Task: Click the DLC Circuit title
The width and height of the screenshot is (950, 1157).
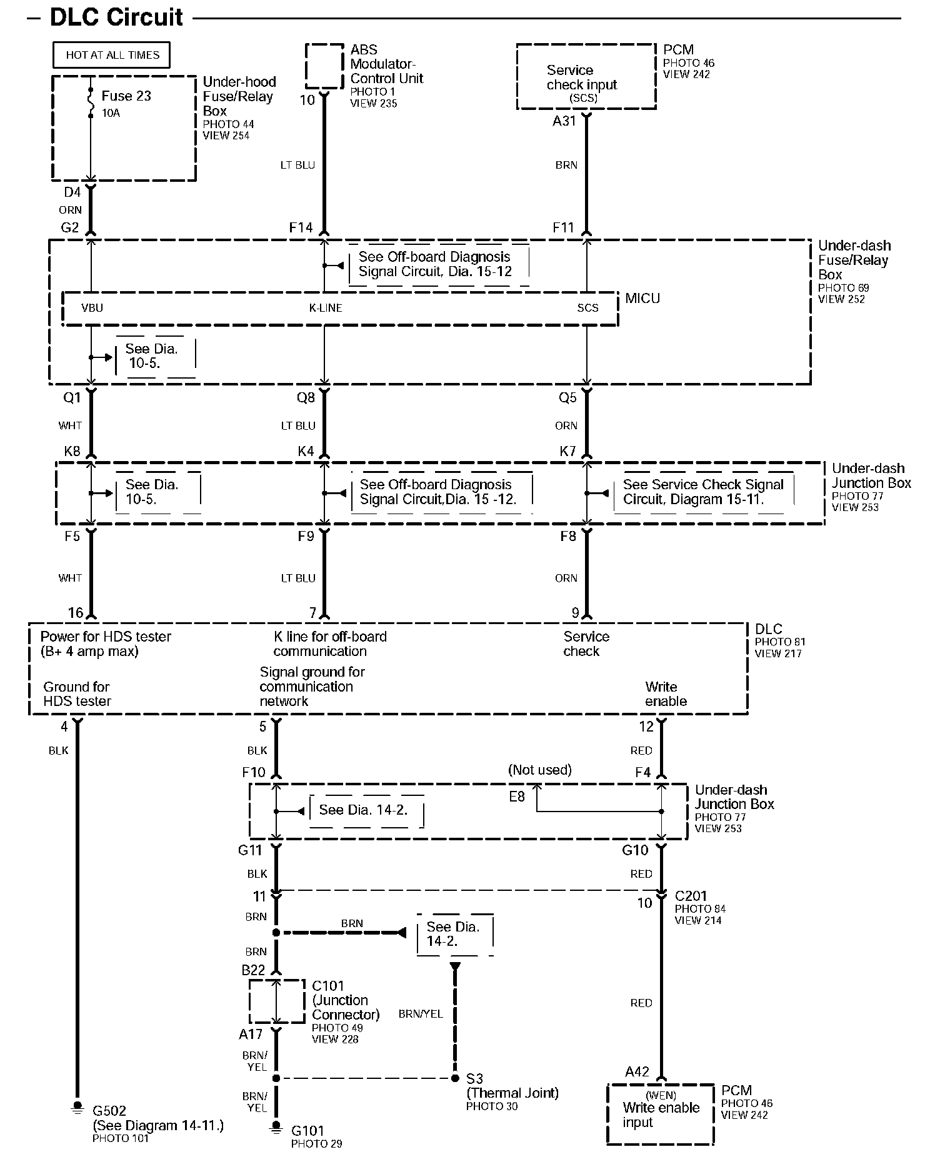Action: [116, 17]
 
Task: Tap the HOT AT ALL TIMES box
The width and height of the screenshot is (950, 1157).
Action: [112, 55]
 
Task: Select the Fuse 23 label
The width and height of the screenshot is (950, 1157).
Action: [126, 96]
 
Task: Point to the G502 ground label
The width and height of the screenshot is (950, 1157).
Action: [109, 1111]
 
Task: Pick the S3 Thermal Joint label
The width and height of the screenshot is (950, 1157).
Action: [475, 1078]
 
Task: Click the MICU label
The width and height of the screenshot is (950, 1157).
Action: [642, 299]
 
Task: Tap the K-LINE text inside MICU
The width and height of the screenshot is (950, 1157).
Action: [326, 308]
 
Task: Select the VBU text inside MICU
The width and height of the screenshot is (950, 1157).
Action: [92, 308]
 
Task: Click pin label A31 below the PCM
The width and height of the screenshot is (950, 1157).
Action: [564, 121]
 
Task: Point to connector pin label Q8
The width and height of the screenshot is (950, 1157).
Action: [306, 398]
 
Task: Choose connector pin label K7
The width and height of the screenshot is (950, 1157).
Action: [567, 451]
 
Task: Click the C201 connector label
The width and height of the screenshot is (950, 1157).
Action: [691, 896]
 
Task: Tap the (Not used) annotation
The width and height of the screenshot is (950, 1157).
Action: [540, 770]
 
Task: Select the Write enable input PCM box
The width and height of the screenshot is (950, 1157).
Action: [660, 1114]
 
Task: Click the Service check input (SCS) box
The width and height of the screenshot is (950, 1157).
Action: [586, 77]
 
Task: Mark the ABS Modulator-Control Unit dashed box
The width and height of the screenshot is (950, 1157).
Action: [324, 66]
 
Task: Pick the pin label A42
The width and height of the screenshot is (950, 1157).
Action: [637, 1072]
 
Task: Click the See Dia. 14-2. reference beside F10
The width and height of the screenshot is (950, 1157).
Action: [363, 810]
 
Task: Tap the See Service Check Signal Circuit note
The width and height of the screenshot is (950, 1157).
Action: [702, 492]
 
